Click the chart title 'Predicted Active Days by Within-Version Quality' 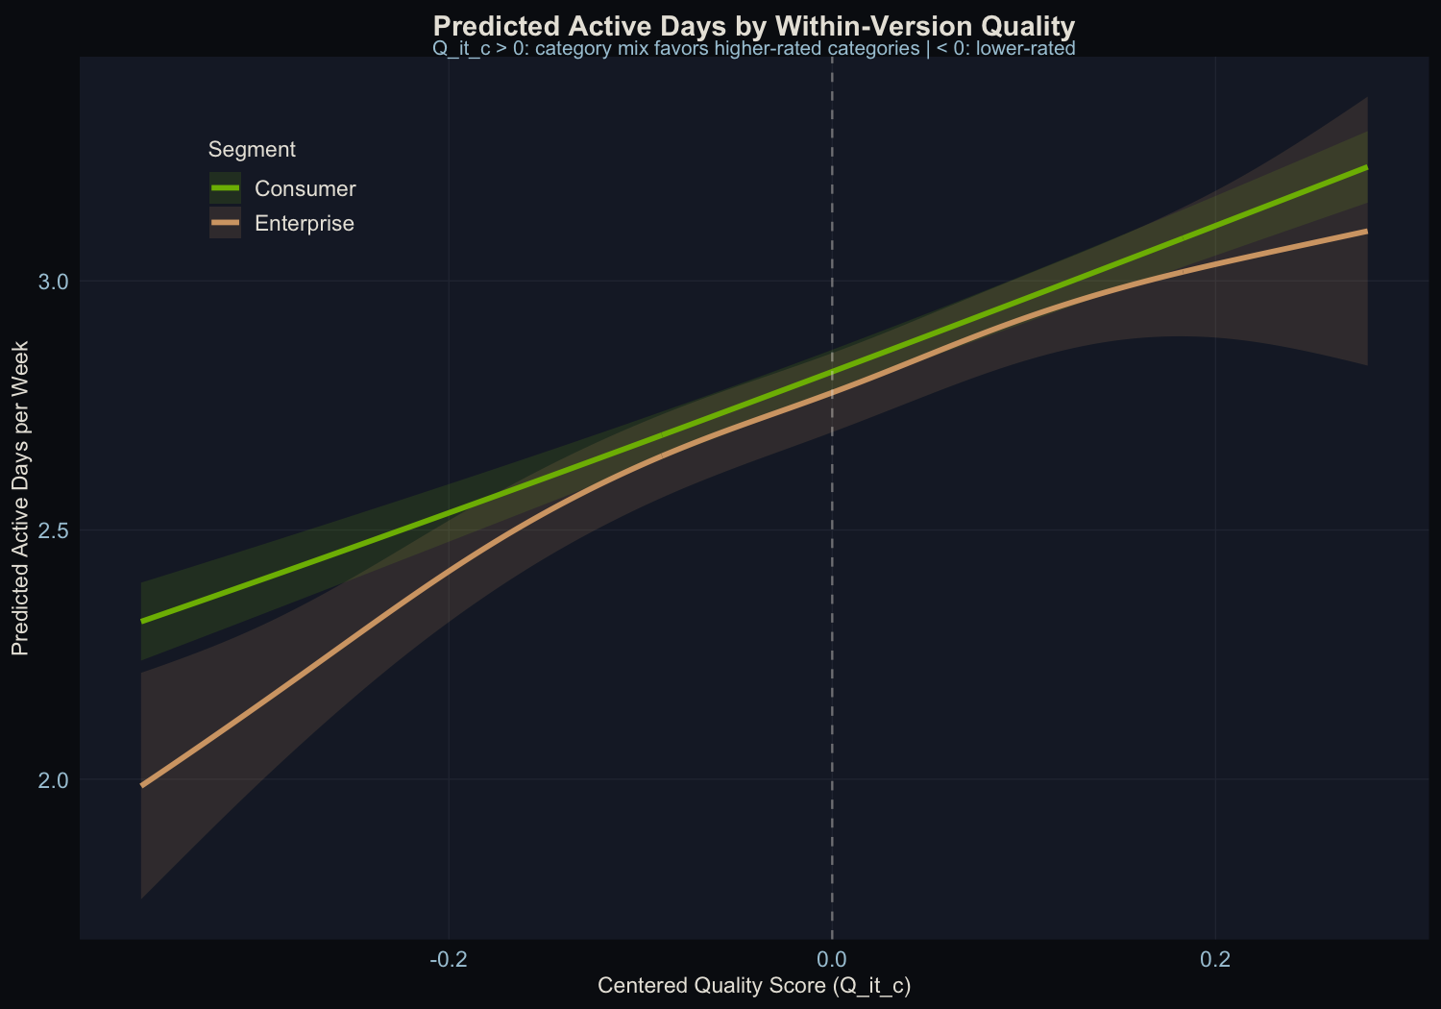tap(754, 25)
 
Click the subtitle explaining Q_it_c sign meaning tap(754, 48)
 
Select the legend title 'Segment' tap(252, 149)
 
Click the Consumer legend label tap(305, 188)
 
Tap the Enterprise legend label tap(304, 223)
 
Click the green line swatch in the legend tap(225, 188)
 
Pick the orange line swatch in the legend tap(225, 223)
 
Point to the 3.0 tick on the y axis tap(54, 282)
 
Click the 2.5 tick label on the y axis tap(54, 530)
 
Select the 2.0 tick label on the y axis tap(54, 779)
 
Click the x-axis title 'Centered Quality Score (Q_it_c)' tap(754, 985)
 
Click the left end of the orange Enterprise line tap(142, 785)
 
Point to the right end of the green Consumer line tap(1366, 167)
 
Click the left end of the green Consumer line tap(142, 621)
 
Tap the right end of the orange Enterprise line tap(1366, 231)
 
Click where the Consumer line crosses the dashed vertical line tap(831, 372)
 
